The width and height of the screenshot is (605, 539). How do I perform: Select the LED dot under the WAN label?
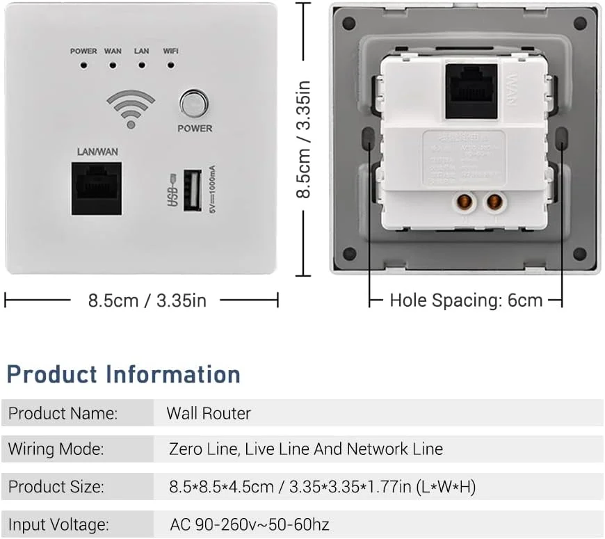click(112, 66)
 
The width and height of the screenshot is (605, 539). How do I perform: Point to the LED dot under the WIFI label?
click(170, 66)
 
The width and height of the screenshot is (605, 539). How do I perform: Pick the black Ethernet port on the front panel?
click(96, 189)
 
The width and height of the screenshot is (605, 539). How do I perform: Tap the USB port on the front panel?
click(193, 191)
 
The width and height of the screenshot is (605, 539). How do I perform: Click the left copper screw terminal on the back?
click(461, 202)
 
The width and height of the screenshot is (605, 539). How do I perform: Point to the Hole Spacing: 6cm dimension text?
click(466, 300)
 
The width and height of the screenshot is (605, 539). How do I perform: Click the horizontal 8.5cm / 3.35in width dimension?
click(147, 300)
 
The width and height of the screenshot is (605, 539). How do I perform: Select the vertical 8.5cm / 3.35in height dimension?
click(304, 139)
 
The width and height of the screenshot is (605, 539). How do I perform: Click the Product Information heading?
click(124, 374)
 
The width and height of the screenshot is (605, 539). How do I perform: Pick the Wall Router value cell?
click(209, 413)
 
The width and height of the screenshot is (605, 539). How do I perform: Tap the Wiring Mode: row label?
click(56, 449)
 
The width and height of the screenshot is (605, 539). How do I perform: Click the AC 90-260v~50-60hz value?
click(249, 524)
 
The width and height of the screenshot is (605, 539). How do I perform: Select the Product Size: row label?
click(56, 487)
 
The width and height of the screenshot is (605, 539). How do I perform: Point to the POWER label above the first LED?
click(83, 51)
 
